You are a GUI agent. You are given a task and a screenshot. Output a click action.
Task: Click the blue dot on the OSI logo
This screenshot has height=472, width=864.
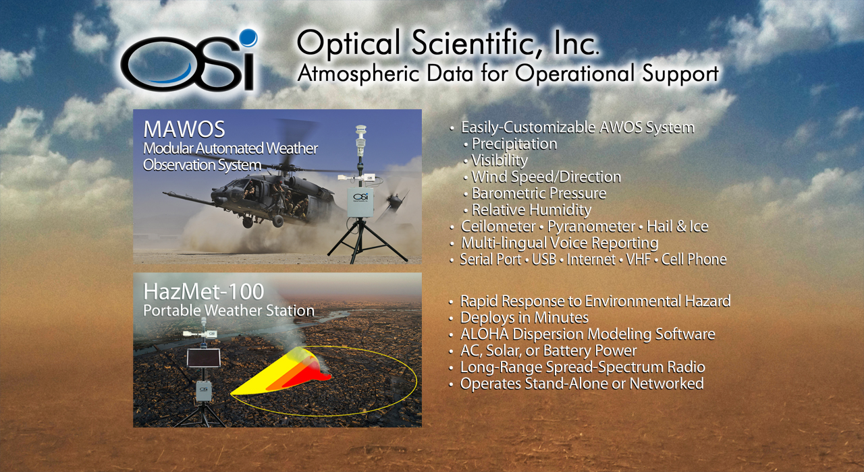[248, 38]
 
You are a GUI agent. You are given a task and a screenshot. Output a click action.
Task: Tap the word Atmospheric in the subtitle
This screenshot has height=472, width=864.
[358, 73]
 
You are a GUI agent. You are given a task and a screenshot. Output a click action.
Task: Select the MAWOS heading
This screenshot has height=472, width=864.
[184, 129]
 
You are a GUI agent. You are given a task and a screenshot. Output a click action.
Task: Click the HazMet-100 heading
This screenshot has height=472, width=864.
[204, 292]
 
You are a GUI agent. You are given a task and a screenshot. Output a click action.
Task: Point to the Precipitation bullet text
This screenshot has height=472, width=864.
[514, 144]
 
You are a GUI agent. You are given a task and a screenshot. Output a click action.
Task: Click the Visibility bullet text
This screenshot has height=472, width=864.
[500, 160]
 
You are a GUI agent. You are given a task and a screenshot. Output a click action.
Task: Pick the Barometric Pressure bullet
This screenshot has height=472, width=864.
[539, 194]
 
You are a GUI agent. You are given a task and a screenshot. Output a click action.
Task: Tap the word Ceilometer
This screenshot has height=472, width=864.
[498, 227]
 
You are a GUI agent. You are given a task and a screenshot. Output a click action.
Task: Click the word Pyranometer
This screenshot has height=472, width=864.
[591, 227]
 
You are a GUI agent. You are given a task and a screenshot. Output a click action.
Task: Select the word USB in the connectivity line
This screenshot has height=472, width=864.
[544, 260]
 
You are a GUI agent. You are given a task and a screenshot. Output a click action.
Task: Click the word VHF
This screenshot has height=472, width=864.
[639, 260]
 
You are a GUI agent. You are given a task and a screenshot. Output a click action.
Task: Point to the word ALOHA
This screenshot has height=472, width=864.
[485, 334]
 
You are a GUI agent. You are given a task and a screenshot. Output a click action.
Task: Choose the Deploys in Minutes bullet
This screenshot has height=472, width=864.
[524, 318]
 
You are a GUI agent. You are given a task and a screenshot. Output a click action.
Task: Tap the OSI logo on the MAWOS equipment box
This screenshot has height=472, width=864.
[360, 197]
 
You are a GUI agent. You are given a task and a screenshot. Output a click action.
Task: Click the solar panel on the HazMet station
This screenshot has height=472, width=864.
[204, 358]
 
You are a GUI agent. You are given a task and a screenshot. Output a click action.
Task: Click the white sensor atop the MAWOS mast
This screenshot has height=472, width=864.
[360, 140]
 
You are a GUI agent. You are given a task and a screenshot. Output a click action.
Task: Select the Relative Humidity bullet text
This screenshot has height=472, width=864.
[531, 210]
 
